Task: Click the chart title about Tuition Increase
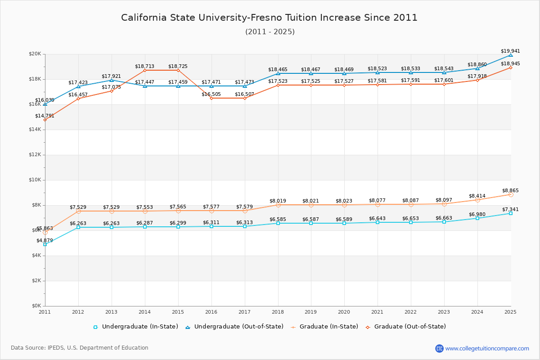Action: [x=269, y=18]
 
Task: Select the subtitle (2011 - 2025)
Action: [x=270, y=31]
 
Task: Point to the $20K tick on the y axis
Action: [x=35, y=54]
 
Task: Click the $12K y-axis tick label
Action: [x=35, y=155]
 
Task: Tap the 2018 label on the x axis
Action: [x=278, y=311]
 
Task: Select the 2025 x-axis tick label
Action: [x=510, y=311]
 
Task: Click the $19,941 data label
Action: [x=510, y=51]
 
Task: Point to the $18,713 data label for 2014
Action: [x=144, y=66]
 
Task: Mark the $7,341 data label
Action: [x=510, y=209]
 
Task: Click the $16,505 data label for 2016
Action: [x=211, y=94]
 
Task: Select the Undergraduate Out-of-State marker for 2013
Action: [x=112, y=80]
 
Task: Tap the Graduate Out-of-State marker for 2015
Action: [x=178, y=70]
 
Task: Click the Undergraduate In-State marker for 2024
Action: [x=477, y=218]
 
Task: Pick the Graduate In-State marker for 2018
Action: [x=278, y=205]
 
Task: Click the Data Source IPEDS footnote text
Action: [x=80, y=348]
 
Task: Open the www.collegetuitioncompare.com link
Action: [x=487, y=348]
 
